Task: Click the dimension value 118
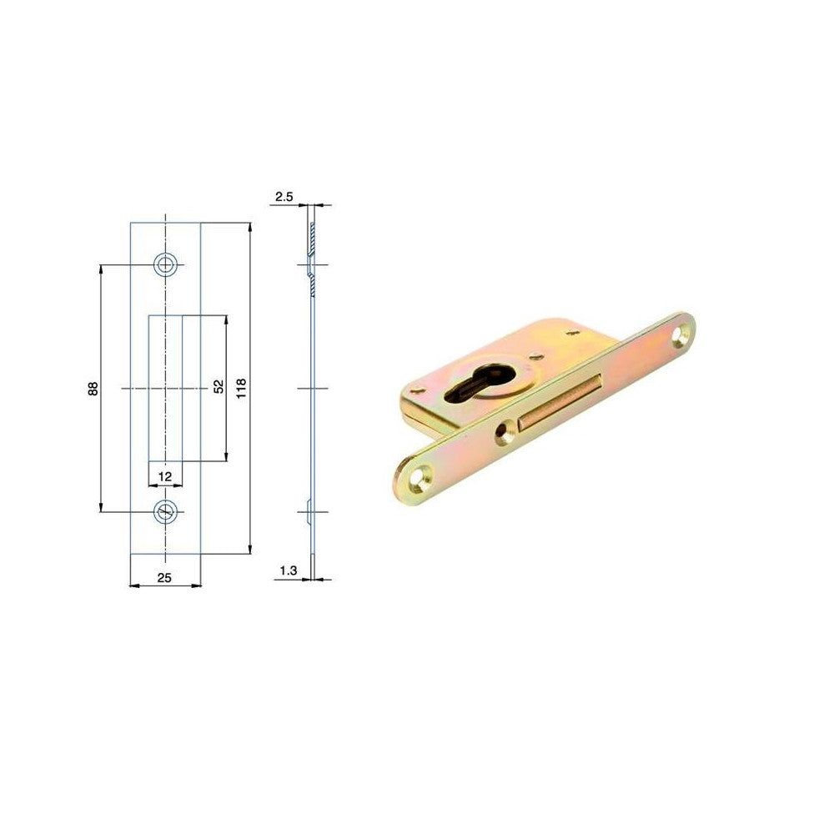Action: click(x=242, y=389)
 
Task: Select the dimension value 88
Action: click(x=93, y=389)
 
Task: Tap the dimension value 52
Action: click(x=219, y=387)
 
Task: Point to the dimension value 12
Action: click(x=165, y=476)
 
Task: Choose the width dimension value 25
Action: click(x=164, y=577)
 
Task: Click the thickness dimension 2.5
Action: click(x=284, y=197)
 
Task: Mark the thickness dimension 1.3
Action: click(x=289, y=570)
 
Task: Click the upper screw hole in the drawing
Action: click(x=166, y=264)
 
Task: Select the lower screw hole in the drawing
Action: click(x=166, y=512)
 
